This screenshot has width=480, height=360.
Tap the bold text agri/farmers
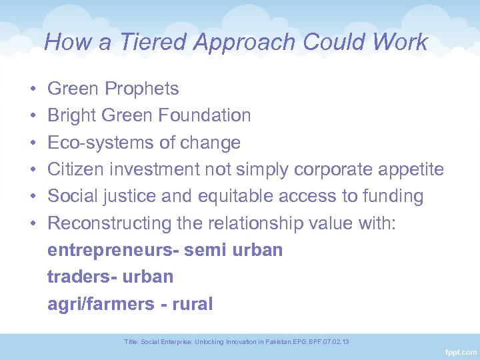pos(100,305)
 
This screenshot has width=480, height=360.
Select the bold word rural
pos(193,305)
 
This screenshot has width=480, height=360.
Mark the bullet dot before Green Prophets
pos(33,89)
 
